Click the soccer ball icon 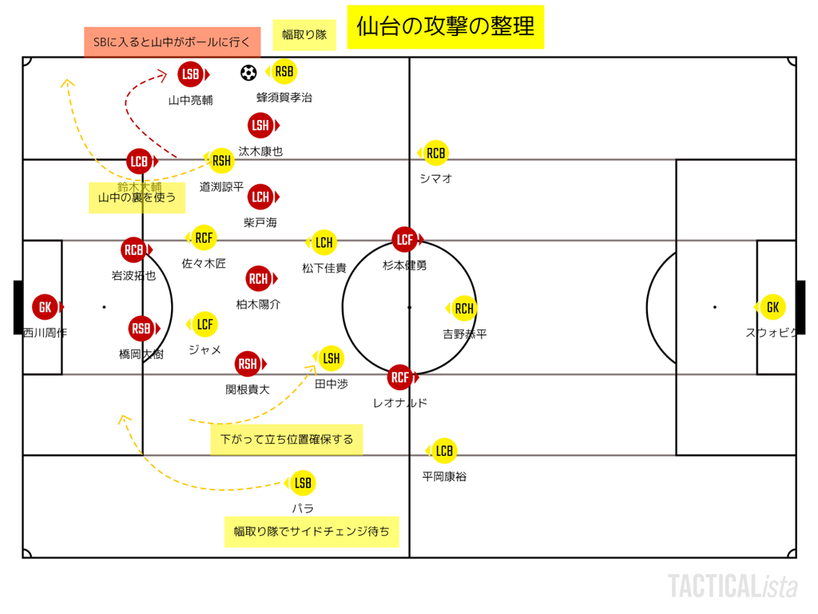[248, 73]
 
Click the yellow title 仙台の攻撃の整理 [446, 27]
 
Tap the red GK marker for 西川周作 [45, 307]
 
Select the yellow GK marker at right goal [772, 307]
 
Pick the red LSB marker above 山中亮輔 [190, 74]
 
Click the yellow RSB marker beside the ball [284, 72]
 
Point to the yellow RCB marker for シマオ [435, 153]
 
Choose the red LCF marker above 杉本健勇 [405, 239]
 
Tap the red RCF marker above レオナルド [399, 377]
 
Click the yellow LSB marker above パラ [303, 483]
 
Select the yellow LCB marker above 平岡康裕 [444, 451]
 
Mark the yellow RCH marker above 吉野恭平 [464, 309]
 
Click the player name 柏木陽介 [258, 305]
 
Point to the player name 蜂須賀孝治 [284, 98]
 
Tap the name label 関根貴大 [248, 389]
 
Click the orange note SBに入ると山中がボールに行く [173, 42]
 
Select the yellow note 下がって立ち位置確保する [287, 439]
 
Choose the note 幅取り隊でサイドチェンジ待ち [312, 532]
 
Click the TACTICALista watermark [732, 586]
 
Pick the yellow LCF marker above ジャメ [204, 324]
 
